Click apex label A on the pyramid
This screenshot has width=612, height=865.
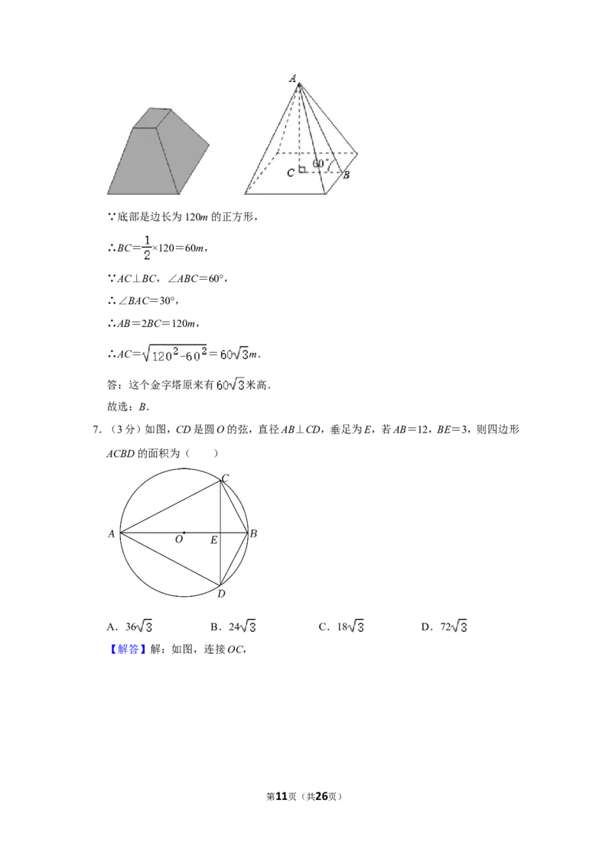pyautogui.click(x=293, y=78)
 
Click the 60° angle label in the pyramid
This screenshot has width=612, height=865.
pyautogui.click(x=319, y=164)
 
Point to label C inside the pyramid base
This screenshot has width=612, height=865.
pyautogui.click(x=291, y=173)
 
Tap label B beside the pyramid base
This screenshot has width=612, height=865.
pyautogui.click(x=347, y=176)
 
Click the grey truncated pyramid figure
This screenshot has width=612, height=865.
pyautogui.click(x=158, y=151)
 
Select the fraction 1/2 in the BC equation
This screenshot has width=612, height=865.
pyautogui.click(x=147, y=248)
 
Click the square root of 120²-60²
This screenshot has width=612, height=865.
pyautogui.click(x=174, y=354)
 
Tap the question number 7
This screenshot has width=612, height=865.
pyautogui.click(x=96, y=429)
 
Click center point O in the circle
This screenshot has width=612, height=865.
pyautogui.click(x=184, y=533)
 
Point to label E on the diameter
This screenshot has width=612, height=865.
pyautogui.click(x=213, y=541)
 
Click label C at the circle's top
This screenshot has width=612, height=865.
pyautogui.click(x=226, y=478)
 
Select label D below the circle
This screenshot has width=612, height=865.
pyautogui.click(x=222, y=594)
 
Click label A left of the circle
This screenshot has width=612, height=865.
pyautogui.click(x=111, y=533)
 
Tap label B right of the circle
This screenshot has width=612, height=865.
pyautogui.click(x=253, y=533)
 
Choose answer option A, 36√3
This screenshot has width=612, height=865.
pyautogui.click(x=130, y=627)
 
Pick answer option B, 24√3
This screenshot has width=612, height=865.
pyautogui.click(x=233, y=627)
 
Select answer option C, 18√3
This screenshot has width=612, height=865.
pyautogui.click(x=341, y=627)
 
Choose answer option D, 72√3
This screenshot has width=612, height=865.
pyautogui.click(x=444, y=627)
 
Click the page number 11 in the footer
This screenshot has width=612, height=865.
pyautogui.click(x=282, y=796)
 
